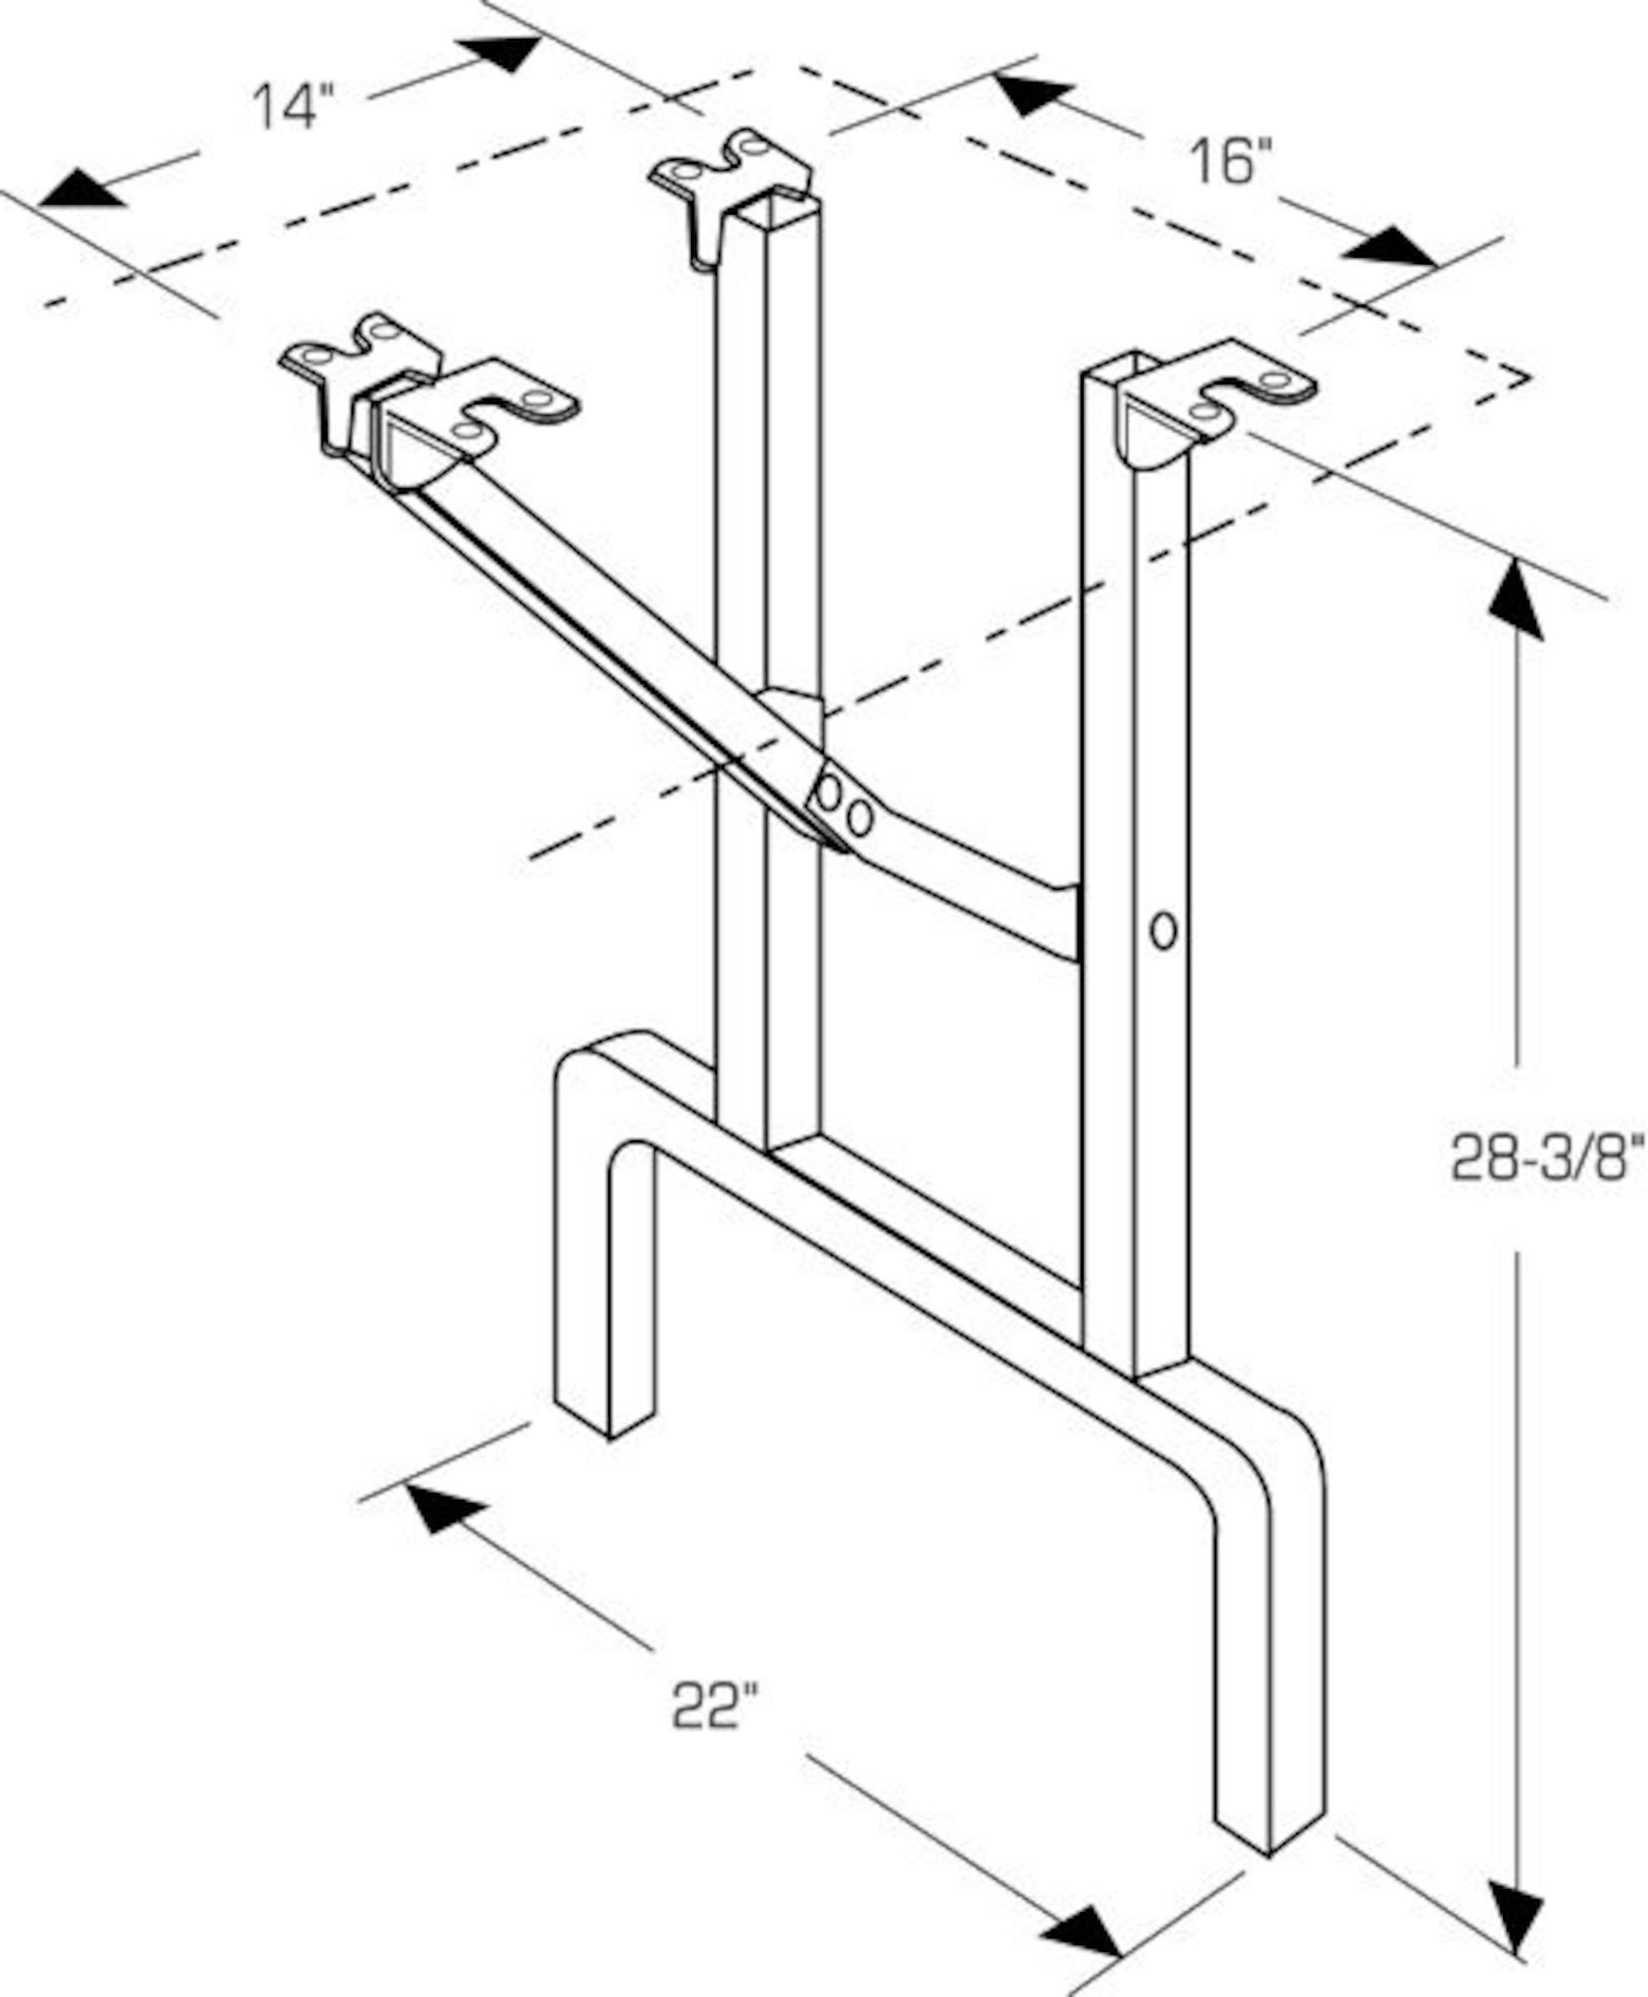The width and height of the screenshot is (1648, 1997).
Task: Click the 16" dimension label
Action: point(1231,161)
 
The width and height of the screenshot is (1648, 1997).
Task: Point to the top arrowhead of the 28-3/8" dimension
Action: point(1516,599)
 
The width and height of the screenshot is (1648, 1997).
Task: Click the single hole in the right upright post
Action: point(1162,932)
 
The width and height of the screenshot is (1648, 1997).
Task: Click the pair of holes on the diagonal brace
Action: point(845,807)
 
